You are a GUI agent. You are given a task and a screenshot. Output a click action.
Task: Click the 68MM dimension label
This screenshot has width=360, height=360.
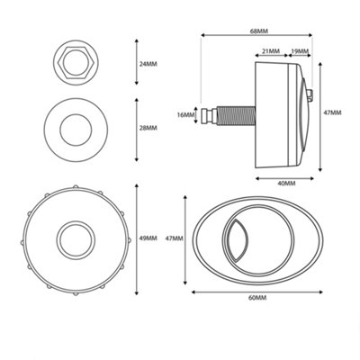click(x=258, y=29)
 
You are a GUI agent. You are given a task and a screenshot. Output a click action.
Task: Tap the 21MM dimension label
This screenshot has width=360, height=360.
click(x=269, y=51)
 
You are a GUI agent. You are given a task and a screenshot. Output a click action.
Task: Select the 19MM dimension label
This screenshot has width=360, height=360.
click(x=301, y=51)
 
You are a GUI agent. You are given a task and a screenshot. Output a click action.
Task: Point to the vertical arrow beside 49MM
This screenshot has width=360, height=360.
click(x=136, y=238)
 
